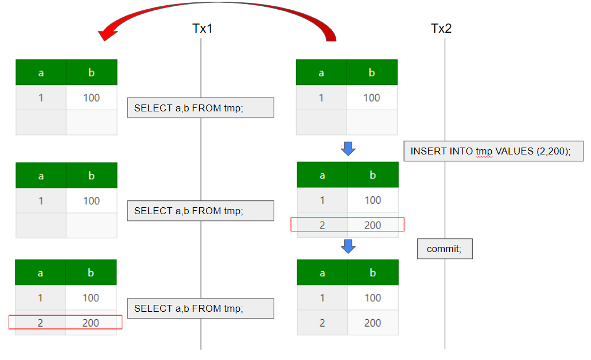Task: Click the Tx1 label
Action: coord(202,28)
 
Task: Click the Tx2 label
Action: coord(441,28)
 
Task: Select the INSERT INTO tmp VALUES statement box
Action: coord(493,151)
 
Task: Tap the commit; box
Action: coord(445,249)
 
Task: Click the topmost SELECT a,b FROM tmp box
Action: coord(200,107)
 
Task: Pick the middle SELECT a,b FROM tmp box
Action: coord(200,211)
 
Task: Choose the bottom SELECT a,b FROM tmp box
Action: coord(200,308)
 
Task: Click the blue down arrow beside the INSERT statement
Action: coord(348,149)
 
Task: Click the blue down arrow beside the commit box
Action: coord(348,246)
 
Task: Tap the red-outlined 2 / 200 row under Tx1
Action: coord(65,322)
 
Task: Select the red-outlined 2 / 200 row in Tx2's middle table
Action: coord(347,224)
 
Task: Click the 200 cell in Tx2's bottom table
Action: coord(372,323)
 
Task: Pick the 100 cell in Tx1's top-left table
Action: coord(91,98)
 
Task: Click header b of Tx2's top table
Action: coord(372,72)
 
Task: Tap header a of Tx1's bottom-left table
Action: coord(40,273)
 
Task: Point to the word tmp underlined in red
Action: coord(484,152)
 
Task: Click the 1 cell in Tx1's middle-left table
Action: coord(41,200)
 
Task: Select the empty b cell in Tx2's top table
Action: coord(372,122)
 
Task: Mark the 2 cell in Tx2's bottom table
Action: coord(322,323)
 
